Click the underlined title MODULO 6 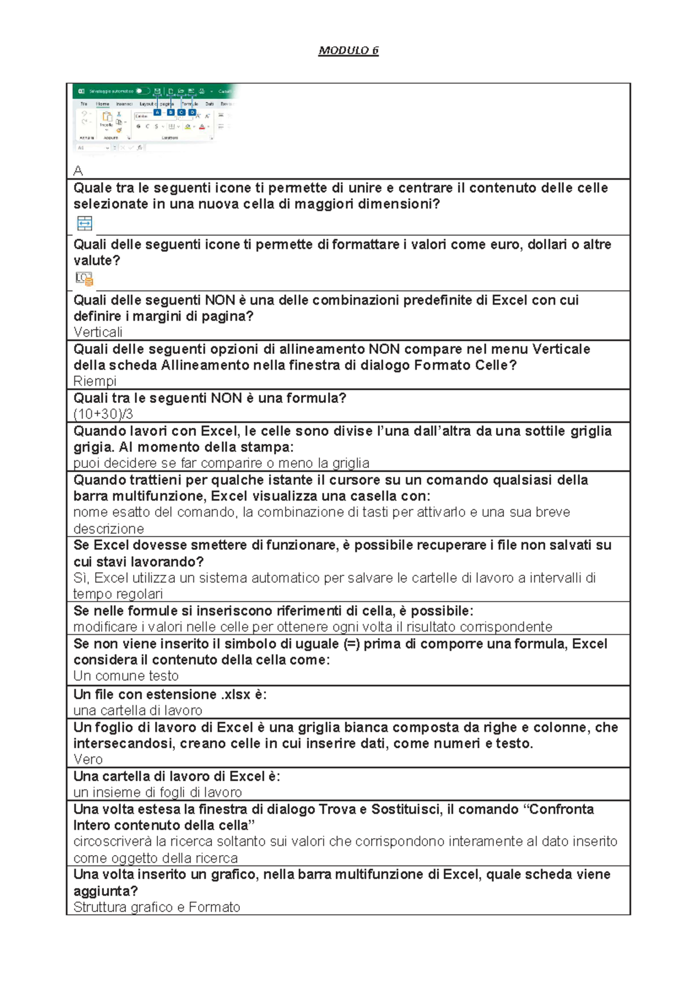[348, 51]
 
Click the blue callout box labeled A [157, 112]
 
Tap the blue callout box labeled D [192, 112]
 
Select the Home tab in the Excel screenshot [103, 103]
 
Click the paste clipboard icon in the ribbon [107, 117]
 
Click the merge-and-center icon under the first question [85, 223]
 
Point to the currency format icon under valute [84, 279]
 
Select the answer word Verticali [98, 332]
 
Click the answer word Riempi [95, 381]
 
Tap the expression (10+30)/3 [103, 414]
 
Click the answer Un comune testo [126, 676]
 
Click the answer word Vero [88, 759]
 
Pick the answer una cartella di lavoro [138, 710]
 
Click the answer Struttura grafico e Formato [157, 907]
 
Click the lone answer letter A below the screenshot [78, 171]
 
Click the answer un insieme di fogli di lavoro [157, 792]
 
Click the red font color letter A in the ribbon [202, 126]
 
